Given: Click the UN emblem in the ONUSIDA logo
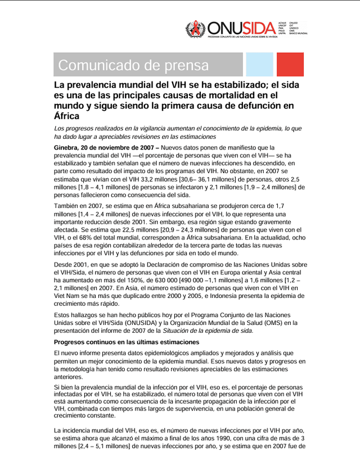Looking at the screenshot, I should click(196, 29).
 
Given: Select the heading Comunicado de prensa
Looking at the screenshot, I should click(133, 65).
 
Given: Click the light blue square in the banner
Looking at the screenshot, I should click(259, 65).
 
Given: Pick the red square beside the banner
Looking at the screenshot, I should click(290, 65).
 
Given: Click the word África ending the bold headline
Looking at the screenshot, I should click(66, 116).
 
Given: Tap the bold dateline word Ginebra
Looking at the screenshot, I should click(67, 147).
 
